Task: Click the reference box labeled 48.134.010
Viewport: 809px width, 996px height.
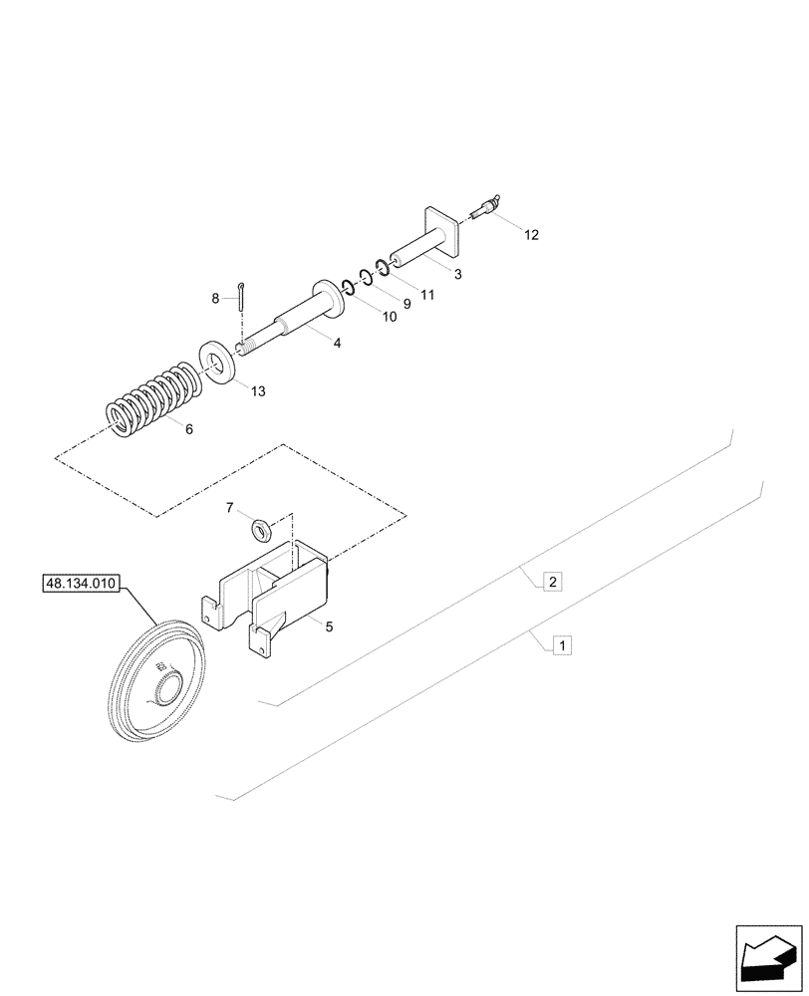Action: coord(81,584)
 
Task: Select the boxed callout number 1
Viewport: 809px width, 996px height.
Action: coord(562,646)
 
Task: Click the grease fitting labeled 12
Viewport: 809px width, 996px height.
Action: coord(484,209)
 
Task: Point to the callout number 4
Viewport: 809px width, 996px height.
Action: coord(337,343)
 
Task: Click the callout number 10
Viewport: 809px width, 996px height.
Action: coord(389,317)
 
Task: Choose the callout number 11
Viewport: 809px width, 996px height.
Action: coord(427,295)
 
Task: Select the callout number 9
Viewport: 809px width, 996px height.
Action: coord(406,302)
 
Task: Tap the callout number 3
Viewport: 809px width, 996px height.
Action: coord(457,274)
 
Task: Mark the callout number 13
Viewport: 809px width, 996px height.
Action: coord(258,391)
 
